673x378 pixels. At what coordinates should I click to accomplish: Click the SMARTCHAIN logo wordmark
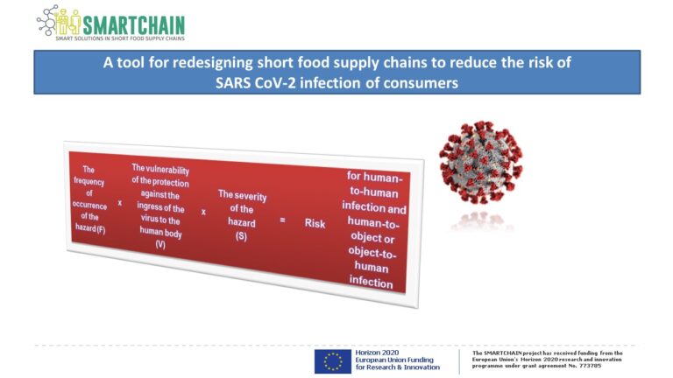[x=133, y=24]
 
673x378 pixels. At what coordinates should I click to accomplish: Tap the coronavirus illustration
[x=481, y=162]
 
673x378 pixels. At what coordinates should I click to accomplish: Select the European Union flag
[x=333, y=361]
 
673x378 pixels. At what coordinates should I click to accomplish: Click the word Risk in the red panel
[x=315, y=223]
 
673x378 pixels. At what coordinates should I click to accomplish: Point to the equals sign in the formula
[x=282, y=220]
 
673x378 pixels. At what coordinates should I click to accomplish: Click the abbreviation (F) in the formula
[x=101, y=229]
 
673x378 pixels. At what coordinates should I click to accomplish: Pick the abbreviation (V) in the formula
[x=160, y=244]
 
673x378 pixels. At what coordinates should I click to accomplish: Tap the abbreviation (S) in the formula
[x=241, y=236]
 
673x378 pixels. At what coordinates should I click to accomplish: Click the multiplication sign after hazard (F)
[x=120, y=202]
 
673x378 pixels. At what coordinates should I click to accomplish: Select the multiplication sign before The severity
[x=203, y=212]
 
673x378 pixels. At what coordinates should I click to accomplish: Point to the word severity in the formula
[x=250, y=196]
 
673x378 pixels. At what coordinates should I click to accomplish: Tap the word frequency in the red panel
[x=89, y=181]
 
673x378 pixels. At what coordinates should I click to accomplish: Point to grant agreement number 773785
[x=592, y=366]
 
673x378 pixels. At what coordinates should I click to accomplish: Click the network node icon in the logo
[x=47, y=20]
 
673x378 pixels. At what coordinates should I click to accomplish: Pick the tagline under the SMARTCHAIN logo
[x=120, y=38]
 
